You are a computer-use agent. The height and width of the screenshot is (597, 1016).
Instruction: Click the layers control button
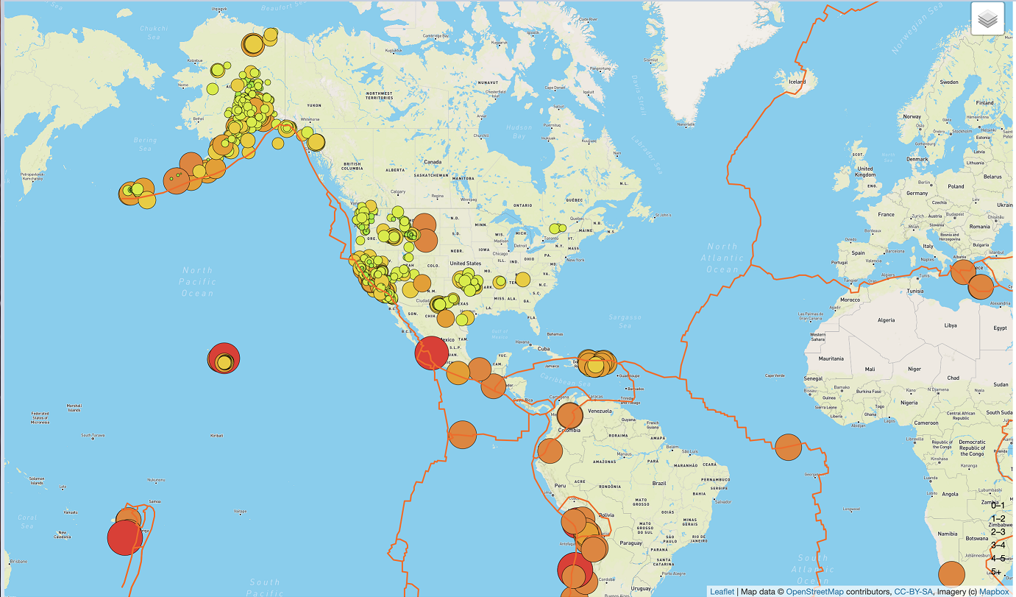(x=987, y=19)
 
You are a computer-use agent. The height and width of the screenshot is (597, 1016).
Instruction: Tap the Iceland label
(x=798, y=82)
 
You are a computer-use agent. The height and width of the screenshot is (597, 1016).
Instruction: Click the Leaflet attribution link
(x=722, y=591)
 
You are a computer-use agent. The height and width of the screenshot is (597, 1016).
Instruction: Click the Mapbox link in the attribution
(x=994, y=591)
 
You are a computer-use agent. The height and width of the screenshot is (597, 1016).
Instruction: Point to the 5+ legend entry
(x=996, y=572)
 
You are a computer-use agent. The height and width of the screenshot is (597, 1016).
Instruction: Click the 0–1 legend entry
(x=998, y=505)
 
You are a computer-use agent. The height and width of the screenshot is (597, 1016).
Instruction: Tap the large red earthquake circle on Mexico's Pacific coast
(x=432, y=353)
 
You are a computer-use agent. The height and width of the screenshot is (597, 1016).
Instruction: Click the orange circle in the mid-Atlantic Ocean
(x=787, y=447)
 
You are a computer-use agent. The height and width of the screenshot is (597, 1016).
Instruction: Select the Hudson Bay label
(x=519, y=132)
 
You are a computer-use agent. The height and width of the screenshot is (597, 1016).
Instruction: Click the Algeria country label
(x=886, y=320)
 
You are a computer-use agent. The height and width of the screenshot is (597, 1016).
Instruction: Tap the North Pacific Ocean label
(x=197, y=282)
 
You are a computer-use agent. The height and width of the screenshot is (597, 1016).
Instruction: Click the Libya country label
(x=951, y=325)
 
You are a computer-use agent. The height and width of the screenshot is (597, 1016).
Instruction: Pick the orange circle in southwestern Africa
(x=951, y=574)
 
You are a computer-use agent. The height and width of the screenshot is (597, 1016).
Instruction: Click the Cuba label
(x=544, y=349)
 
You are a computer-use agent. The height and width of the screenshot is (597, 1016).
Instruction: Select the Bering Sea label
(x=141, y=144)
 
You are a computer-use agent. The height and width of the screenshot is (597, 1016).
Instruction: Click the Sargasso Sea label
(x=625, y=322)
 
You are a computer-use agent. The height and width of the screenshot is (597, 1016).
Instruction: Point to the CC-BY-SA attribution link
(x=913, y=591)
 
